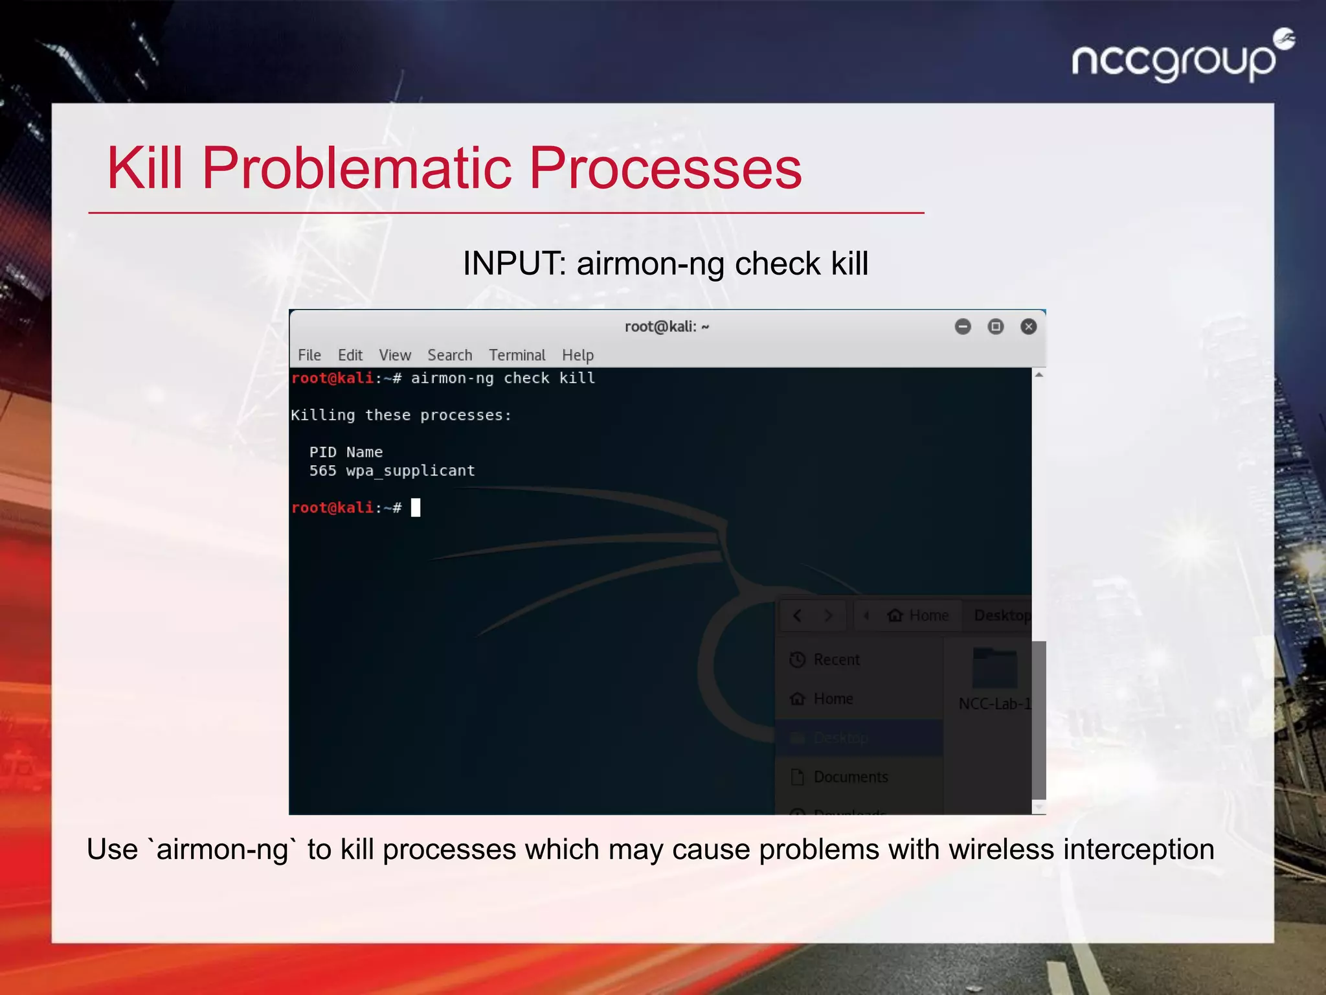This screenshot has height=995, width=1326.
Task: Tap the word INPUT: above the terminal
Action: [515, 264]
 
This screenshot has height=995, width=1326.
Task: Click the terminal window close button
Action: [1028, 326]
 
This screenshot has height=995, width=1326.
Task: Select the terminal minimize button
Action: [963, 326]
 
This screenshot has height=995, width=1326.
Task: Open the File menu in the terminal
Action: [309, 355]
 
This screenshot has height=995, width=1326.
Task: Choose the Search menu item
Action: [449, 355]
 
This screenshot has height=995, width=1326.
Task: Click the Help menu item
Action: [578, 355]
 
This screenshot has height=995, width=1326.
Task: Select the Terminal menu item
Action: [517, 355]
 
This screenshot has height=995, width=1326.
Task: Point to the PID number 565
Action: [322, 471]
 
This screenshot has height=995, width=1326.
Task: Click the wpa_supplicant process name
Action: [410, 471]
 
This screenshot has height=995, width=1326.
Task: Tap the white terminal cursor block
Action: [416, 507]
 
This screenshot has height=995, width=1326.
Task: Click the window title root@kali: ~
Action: [666, 326]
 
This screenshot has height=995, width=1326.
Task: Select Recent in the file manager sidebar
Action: [836, 659]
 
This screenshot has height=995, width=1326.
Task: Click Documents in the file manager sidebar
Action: [850, 777]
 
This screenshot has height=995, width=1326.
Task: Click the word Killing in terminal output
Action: [322, 415]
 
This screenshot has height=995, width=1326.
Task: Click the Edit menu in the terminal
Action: [350, 355]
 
